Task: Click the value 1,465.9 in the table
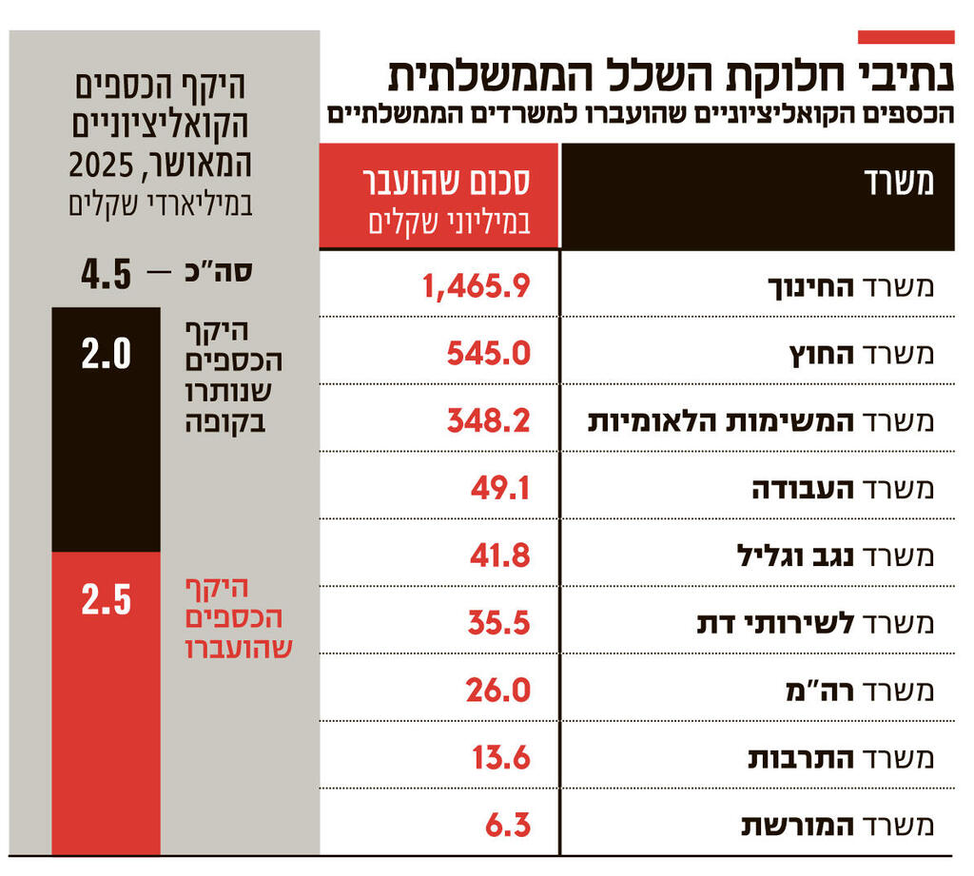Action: click(477, 285)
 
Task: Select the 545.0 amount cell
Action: click(488, 353)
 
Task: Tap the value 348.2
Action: click(488, 420)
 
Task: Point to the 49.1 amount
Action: click(499, 488)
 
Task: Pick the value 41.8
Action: click(499, 555)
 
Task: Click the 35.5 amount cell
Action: click(498, 623)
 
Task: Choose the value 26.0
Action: click(497, 690)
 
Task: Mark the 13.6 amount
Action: click(500, 757)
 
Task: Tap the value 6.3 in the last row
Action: click(507, 825)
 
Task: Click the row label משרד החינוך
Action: click(850, 286)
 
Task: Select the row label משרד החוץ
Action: click(862, 354)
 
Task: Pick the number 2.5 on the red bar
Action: click(106, 600)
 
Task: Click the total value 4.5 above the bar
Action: click(106, 276)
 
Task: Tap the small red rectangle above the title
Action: click(906, 37)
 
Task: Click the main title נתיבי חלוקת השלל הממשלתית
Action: click(670, 75)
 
